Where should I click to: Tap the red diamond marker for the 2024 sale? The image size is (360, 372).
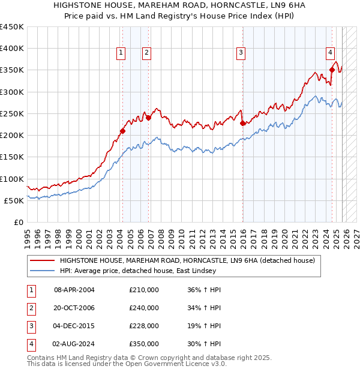click(x=332, y=70)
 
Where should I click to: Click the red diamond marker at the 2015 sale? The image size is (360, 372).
click(x=243, y=123)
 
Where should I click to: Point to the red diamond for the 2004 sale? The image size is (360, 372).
click(x=122, y=131)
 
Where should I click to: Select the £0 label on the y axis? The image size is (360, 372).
click(x=18, y=222)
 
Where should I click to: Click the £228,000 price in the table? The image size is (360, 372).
click(x=144, y=326)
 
